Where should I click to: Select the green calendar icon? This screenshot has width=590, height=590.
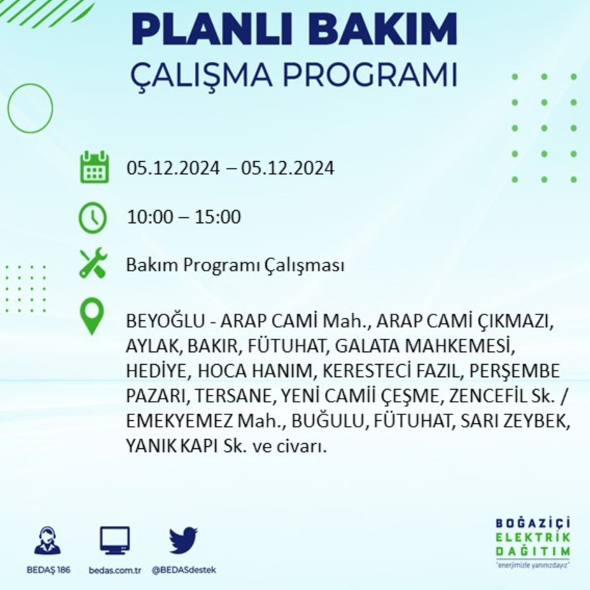[94, 168]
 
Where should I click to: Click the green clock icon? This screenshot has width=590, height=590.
[93, 217]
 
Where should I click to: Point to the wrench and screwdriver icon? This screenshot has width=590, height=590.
[93, 263]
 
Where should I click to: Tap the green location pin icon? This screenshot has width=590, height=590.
[92, 317]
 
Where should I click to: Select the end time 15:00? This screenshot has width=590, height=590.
[219, 217]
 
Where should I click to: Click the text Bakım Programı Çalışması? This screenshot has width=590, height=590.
[235, 265]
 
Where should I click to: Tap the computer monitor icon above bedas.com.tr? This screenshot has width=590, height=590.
[115, 540]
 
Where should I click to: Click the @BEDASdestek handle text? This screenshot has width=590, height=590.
[183, 570]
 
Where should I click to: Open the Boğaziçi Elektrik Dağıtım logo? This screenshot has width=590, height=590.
[532, 540]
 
